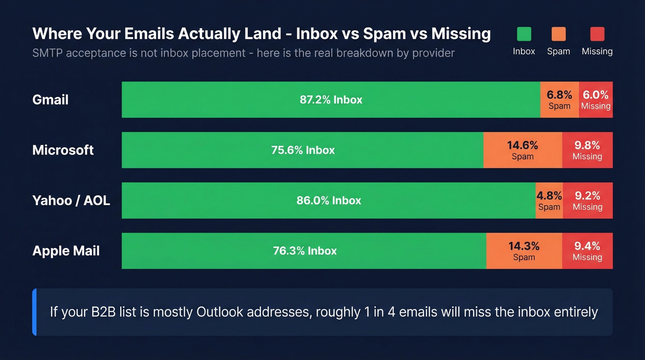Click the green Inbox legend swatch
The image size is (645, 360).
[x=524, y=34]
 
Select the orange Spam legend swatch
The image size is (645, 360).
[x=558, y=34]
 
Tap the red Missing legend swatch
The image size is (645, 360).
[x=597, y=34]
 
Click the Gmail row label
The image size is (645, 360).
[x=51, y=100]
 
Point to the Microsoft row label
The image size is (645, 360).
[x=63, y=150]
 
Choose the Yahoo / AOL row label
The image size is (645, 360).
[x=71, y=201]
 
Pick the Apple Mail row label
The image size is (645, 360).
[x=66, y=251]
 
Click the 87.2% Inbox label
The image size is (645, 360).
[x=331, y=100]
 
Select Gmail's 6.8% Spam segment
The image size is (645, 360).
[x=559, y=100]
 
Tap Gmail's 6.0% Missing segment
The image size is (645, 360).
[x=596, y=100]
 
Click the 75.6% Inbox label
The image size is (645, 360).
[x=303, y=150]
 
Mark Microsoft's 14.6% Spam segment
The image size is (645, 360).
[x=522, y=150]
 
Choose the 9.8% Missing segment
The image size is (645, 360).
[x=587, y=150]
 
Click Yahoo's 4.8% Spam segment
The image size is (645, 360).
[x=549, y=201]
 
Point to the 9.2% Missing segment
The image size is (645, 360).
[x=587, y=201]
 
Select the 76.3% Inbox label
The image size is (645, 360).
[x=305, y=251]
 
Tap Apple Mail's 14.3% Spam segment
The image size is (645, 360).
[x=524, y=251]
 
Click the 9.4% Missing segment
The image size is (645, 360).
[x=587, y=251]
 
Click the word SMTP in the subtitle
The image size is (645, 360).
[x=47, y=53]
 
